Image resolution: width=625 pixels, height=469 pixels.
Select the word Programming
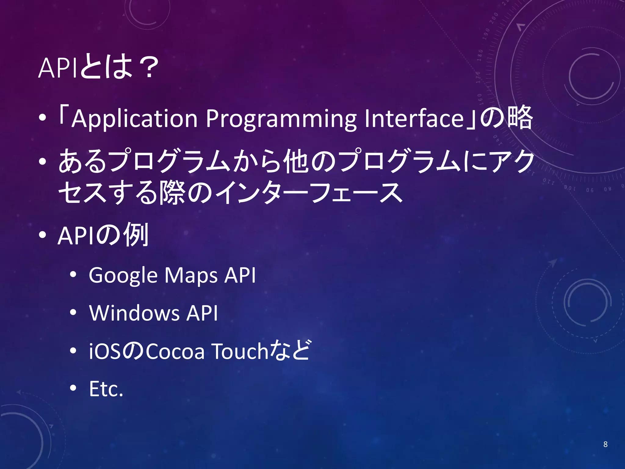coord(281,119)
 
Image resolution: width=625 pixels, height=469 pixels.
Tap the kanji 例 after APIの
coord(135,235)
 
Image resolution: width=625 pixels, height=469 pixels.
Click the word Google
coord(123,276)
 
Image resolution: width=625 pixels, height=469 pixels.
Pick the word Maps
coord(191,276)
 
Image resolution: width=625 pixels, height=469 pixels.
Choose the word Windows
coord(134,313)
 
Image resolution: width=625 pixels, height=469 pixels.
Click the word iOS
coord(106,351)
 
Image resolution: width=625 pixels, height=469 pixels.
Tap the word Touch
coord(240,351)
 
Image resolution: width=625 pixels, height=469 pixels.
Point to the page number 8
coord(605,444)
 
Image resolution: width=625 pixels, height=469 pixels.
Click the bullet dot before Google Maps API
coord(73,275)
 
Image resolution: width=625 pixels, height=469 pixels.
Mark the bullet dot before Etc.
coord(73,388)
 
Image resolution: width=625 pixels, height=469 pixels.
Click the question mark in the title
coord(148,68)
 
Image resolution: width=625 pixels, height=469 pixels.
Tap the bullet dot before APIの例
coord(42,235)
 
